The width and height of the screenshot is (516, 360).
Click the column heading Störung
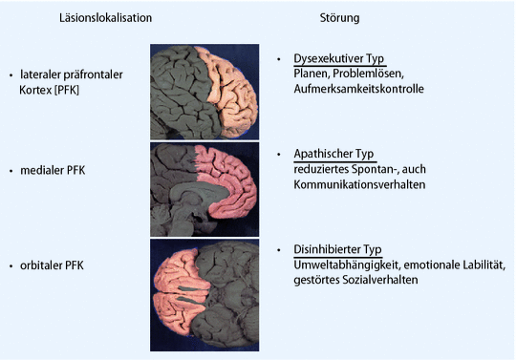click(x=339, y=18)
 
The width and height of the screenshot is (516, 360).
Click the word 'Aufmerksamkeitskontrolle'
click(x=358, y=89)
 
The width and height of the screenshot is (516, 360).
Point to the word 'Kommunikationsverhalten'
click(x=358, y=184)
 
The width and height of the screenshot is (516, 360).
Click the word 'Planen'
click(x=312, y=74)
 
